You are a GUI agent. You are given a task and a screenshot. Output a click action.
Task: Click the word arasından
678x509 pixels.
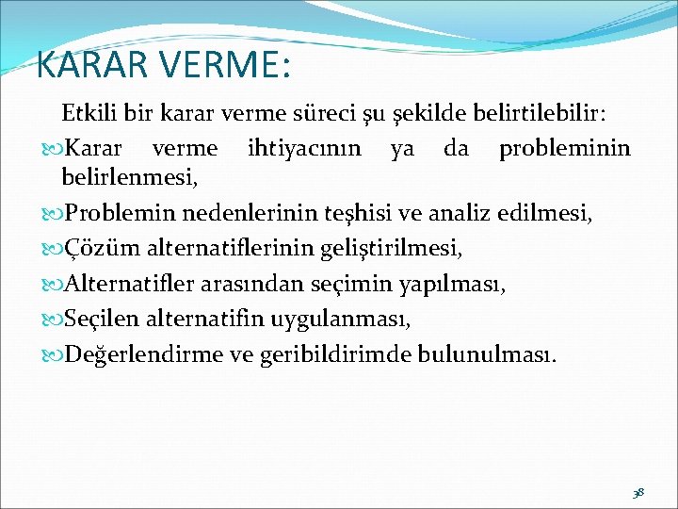tap(243, 286)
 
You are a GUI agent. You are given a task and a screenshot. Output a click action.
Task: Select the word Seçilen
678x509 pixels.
tap(96, 320)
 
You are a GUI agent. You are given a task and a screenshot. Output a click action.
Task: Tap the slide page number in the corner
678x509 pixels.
tap(638, 492)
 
